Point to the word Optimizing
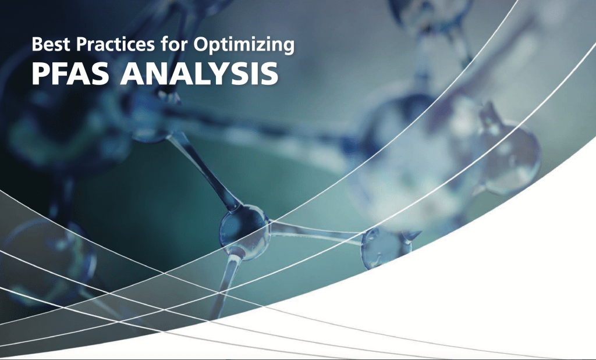[x=244, y=45]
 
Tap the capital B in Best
[x=38, y=44]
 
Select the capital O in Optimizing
[x=201, y=44]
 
